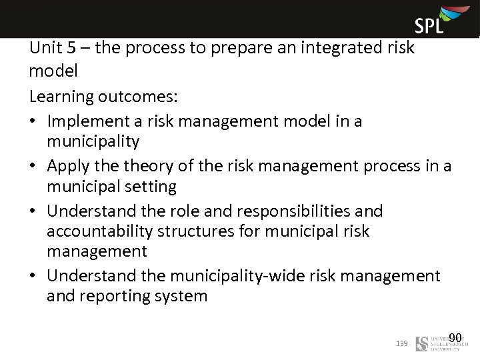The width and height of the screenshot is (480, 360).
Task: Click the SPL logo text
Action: tap(429, 26)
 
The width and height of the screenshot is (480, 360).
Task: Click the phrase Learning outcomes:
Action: tap(103, 96)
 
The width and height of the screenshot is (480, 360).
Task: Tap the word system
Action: tap(181, 295)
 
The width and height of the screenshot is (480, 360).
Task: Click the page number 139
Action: tap(401, 343)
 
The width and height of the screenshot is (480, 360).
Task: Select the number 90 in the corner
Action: tap(455, 337)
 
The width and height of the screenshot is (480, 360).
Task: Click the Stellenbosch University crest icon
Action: tap(422, 343)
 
